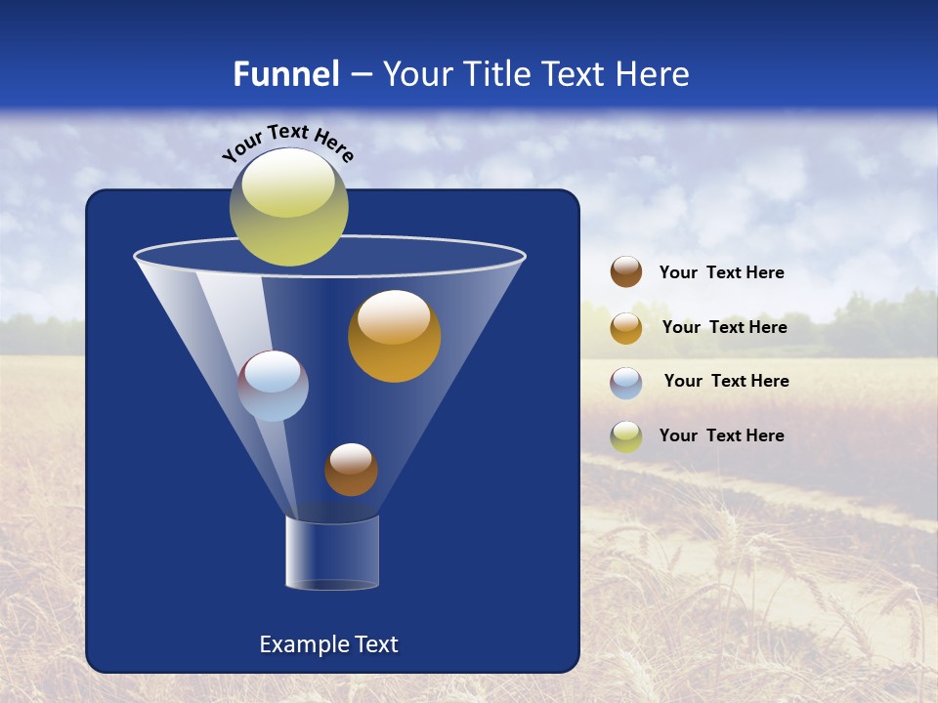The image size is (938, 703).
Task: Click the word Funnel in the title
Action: pos(285,74)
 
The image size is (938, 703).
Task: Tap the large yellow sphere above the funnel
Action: pos(289,206)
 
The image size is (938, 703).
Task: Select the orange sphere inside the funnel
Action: pos(394,336)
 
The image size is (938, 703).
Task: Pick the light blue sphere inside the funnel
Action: pos(273,386)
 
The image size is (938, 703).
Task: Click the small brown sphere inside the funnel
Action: pos(351,469)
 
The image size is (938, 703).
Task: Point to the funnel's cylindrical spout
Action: pos(332,553)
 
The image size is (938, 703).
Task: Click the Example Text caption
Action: pos(328,644)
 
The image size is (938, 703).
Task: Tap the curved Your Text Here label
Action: pos(287,143)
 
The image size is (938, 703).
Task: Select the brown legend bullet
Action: pos(626,272)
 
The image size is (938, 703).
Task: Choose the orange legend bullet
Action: pos(626,327)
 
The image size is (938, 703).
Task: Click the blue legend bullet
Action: pos(626,382)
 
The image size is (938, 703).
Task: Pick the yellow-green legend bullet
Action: pos(626,436)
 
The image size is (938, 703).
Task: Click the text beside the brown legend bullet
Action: pos(721,272)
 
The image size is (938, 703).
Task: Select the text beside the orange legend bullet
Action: pos(724,327)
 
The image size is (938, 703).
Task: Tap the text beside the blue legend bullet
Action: pos(726,381)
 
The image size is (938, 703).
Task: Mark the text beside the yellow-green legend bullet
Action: pos(721,435)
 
